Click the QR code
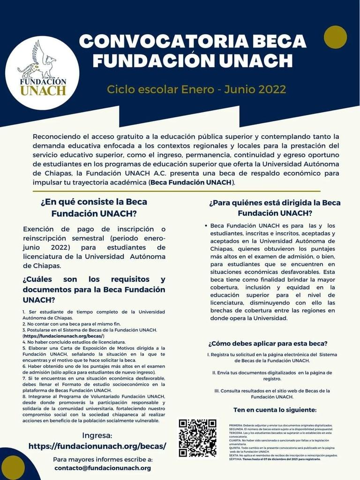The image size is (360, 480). (197, 438)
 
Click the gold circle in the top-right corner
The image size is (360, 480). (336, 37)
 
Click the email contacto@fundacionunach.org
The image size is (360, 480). (103, 468)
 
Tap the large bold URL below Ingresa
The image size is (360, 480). (97, 446)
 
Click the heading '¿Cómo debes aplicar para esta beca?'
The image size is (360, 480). (268, 343)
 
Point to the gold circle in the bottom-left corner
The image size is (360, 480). (13, 467)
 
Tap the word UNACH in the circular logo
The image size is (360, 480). (43, 90)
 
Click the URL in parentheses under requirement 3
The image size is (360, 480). (64, 336)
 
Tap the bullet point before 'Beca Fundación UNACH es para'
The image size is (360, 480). (206, 226)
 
